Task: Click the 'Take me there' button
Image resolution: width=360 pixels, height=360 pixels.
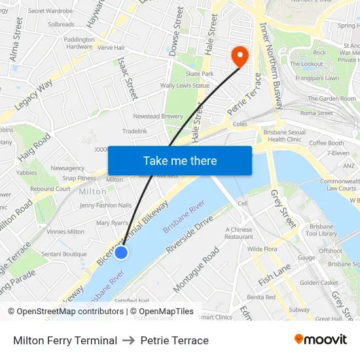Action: point(180,160)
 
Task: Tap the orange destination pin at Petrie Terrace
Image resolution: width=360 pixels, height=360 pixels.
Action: point(240,57)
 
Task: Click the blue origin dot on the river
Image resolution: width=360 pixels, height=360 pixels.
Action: point(121,252)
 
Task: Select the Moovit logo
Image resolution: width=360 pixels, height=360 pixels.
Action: point(320,340)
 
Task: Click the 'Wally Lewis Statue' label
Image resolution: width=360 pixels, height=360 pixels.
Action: point(185,85)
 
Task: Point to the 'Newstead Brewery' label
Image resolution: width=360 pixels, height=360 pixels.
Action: point(158,116)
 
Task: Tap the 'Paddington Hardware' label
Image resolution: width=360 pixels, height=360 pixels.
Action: point(79,43)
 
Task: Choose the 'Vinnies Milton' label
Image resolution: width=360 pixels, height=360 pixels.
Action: point(66,231)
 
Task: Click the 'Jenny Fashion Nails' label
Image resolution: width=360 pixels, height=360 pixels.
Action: point(105,205)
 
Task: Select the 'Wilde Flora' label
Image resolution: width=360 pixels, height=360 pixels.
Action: point(262,249)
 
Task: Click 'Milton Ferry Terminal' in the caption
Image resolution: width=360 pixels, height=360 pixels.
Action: point(65,340)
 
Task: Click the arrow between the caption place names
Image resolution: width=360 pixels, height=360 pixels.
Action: point(129,340)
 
